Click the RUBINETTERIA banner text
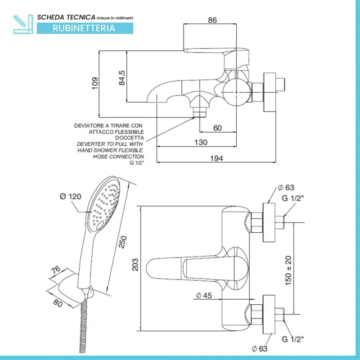[84, 28]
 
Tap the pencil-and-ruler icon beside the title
[23, 24]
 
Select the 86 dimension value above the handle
[212, 20]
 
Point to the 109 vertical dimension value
[94, 83]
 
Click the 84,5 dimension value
[121, 78]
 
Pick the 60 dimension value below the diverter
[217, 128]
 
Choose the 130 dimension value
[201, 142]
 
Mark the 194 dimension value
[216, 158]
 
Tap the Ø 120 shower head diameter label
[71, 197]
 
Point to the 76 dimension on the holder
[55, 270]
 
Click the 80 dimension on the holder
[58, 303]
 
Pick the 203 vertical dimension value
[135, 265]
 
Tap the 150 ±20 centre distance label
[288, 270]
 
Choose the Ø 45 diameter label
[204, 295]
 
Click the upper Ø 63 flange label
[286, 188]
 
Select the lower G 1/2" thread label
[293, 339]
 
